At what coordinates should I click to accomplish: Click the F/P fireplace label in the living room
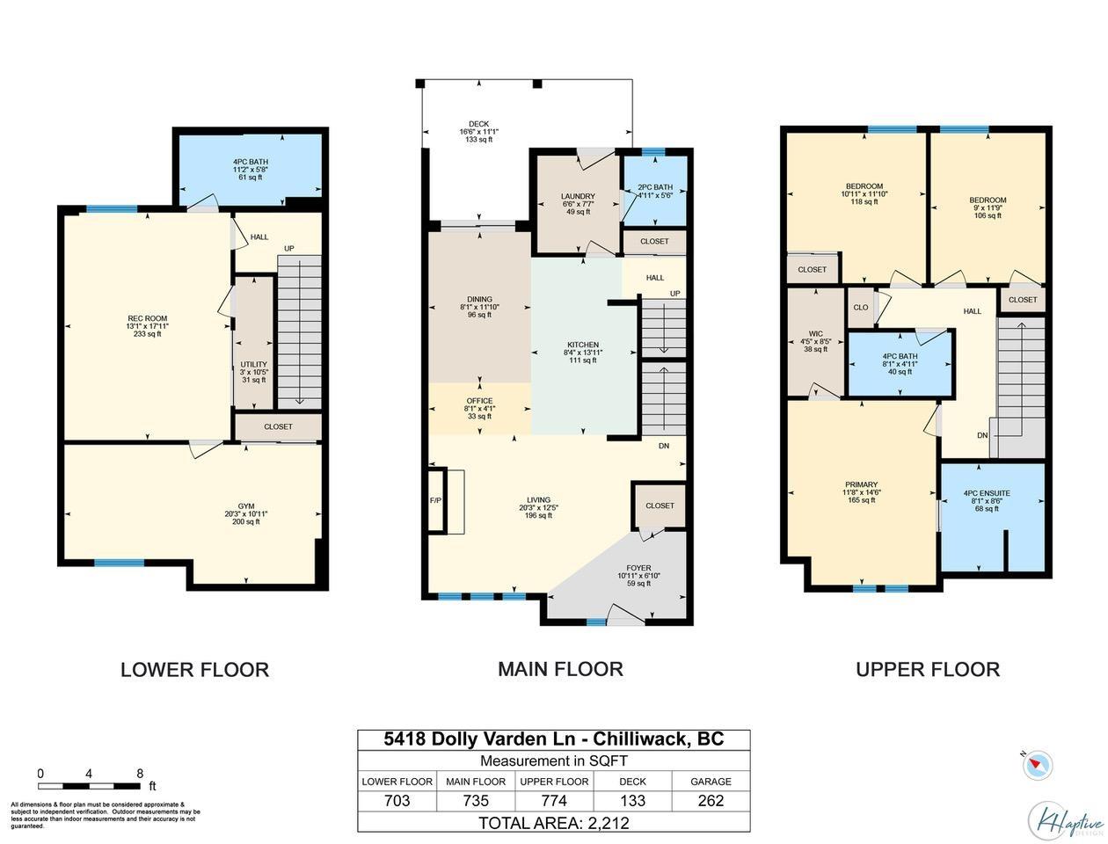pyautogui.click(x=435, y=500)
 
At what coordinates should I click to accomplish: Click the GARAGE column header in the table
pyautogui.click(x=711, y=781)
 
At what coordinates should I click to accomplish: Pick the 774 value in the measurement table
pyautogui.click(x=554, y=801)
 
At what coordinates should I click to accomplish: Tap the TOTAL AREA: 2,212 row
pyautogui.click(x=554, y=823)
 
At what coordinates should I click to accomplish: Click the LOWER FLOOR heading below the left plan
pyautogui.click(x=194, y=669)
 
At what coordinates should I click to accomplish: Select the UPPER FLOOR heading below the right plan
pyautogui.click(x=928, y=669)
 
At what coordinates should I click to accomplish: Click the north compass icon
pyautogui.click(x=1038, y=763)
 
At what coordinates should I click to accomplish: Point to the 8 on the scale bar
pyautogui.click(x=139, y=774)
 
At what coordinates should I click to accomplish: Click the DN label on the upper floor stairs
pyautogui.click(x=982, y=435)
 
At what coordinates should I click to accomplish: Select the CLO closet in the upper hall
pyautogui.click(x=860, y=308)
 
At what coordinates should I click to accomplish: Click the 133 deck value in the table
pyautogui.click(x=632, y=801)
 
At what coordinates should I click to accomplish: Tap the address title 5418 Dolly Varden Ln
pyautogui.click(x=554, y=738)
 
